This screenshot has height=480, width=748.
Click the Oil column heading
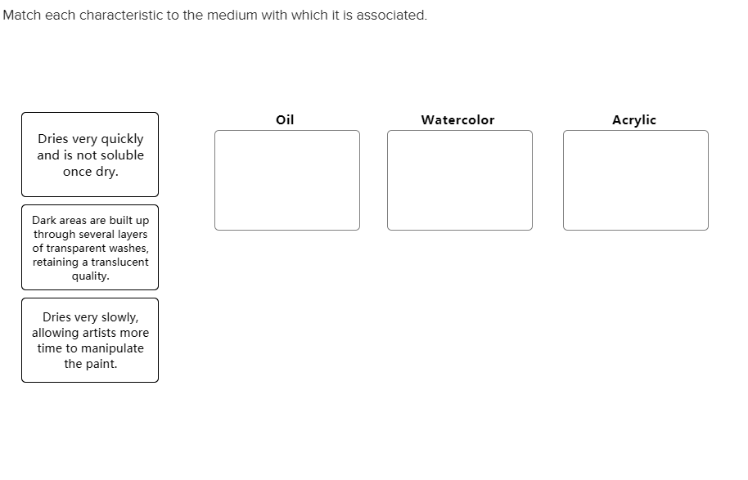click(285, 119)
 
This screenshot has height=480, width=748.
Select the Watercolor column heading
click(457, 119)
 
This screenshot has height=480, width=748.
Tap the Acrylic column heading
click(633, 119)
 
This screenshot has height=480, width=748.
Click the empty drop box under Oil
click(286, 180)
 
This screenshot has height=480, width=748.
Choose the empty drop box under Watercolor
click(459, 180)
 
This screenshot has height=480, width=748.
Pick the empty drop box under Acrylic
click(635, 180)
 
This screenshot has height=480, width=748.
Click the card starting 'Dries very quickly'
click(90, 155)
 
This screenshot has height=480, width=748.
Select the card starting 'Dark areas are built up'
click(90, 247)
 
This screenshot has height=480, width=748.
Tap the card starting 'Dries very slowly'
click(90, 339)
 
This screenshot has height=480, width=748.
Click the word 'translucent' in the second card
click(119, 262)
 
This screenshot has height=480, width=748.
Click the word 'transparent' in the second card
click(77, 248)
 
